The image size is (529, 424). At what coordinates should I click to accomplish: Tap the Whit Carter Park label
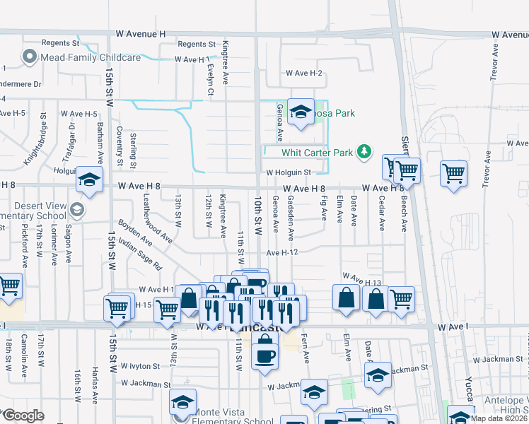pos(317,152)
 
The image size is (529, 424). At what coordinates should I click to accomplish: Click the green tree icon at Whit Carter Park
pos(364,151)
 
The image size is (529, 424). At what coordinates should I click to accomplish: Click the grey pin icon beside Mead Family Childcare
pos(30,57)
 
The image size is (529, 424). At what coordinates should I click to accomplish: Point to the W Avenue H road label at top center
pos(142,34)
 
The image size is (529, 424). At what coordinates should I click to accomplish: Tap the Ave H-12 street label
pos(286,253)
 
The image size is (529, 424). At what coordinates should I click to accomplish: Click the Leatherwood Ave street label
pos(158,219)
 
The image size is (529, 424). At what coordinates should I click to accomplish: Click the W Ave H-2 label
pos(304,73)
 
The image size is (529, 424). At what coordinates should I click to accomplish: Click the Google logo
pos(23,416)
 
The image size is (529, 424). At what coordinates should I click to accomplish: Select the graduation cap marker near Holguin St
pos(90,180)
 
